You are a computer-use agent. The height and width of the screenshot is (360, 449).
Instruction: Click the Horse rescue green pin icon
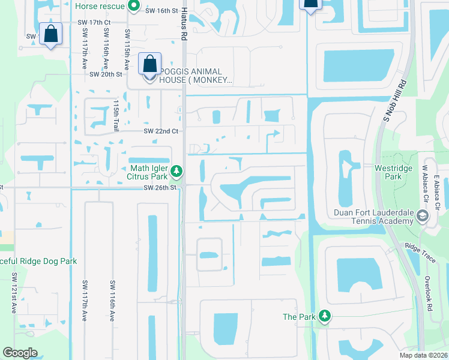(134, 7)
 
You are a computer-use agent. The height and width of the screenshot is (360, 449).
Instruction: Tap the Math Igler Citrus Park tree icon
(176, 172)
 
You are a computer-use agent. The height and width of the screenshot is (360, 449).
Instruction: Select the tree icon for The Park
(324, 316)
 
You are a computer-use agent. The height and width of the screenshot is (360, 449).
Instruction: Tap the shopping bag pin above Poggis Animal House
(149, 64)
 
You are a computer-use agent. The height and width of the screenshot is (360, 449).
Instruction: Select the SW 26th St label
(161, 188)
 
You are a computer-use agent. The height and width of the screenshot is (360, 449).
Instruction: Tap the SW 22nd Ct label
(160, 131)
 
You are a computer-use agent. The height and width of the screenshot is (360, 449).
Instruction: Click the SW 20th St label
(106, 74)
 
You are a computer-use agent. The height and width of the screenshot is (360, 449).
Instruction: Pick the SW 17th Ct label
(94, 23)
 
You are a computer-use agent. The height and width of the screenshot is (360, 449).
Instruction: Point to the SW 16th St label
(162, 11)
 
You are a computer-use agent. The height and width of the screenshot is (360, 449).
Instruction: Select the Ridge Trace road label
(419, 247)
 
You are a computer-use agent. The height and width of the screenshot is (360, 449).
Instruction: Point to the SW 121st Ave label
(14, 293)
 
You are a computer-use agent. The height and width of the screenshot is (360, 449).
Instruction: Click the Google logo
(20, 352)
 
